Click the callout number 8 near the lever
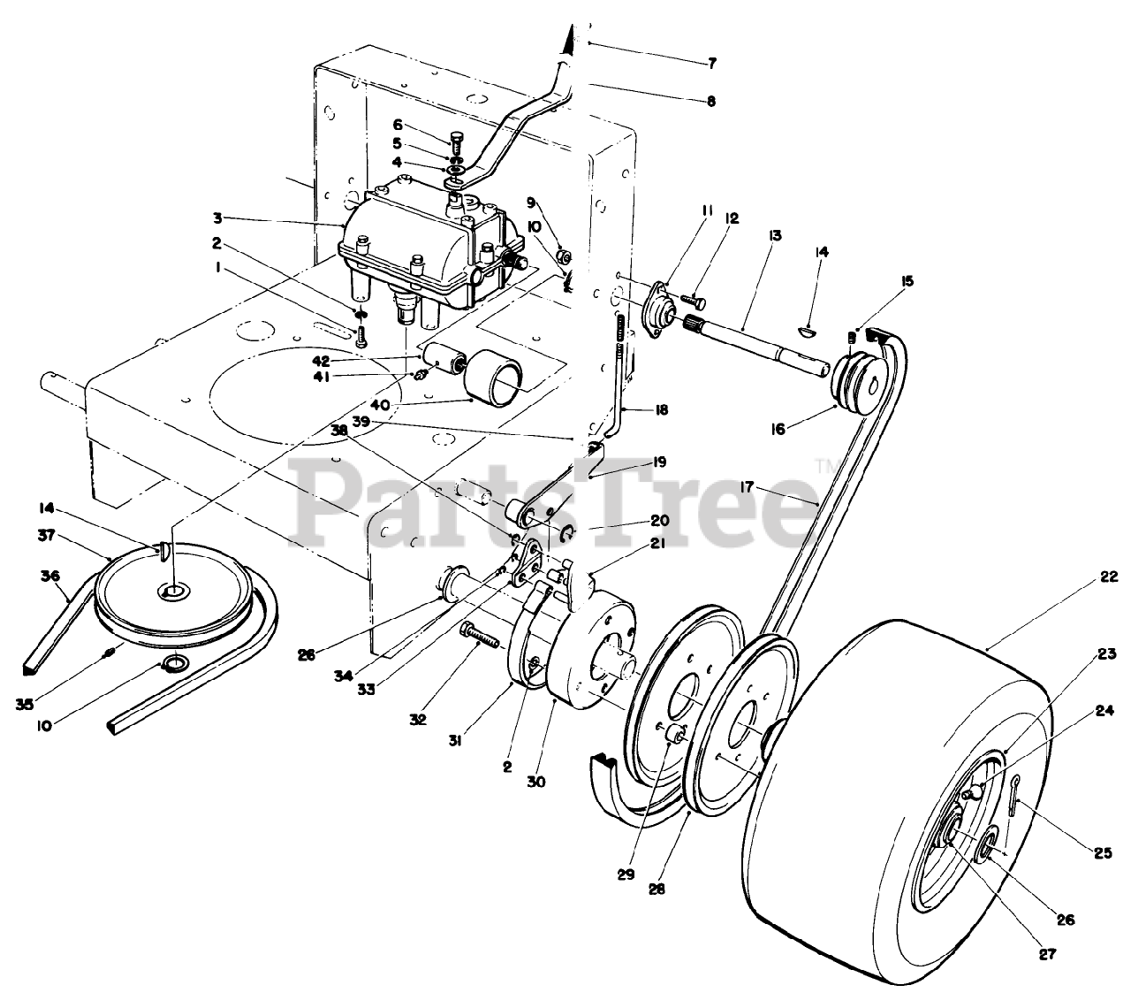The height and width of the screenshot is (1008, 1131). coord(711,102)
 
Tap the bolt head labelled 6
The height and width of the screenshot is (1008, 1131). coord(456,139)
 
